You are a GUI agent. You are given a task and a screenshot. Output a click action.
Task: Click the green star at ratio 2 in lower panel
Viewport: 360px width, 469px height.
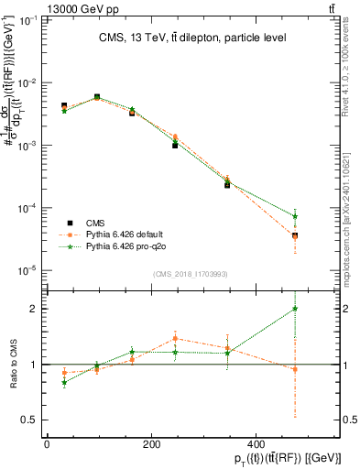pyautogui.click(x=321, y=309)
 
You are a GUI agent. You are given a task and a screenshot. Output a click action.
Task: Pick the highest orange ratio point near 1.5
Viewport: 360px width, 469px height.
pyautogui.click(x=175, y=338)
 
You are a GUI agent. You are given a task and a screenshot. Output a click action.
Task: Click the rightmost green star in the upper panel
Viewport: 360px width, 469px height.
pyautogui.click(x=321, y=217)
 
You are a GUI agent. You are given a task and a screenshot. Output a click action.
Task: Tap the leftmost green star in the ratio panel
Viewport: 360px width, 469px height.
pyautogui.click(x=63, y=383)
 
